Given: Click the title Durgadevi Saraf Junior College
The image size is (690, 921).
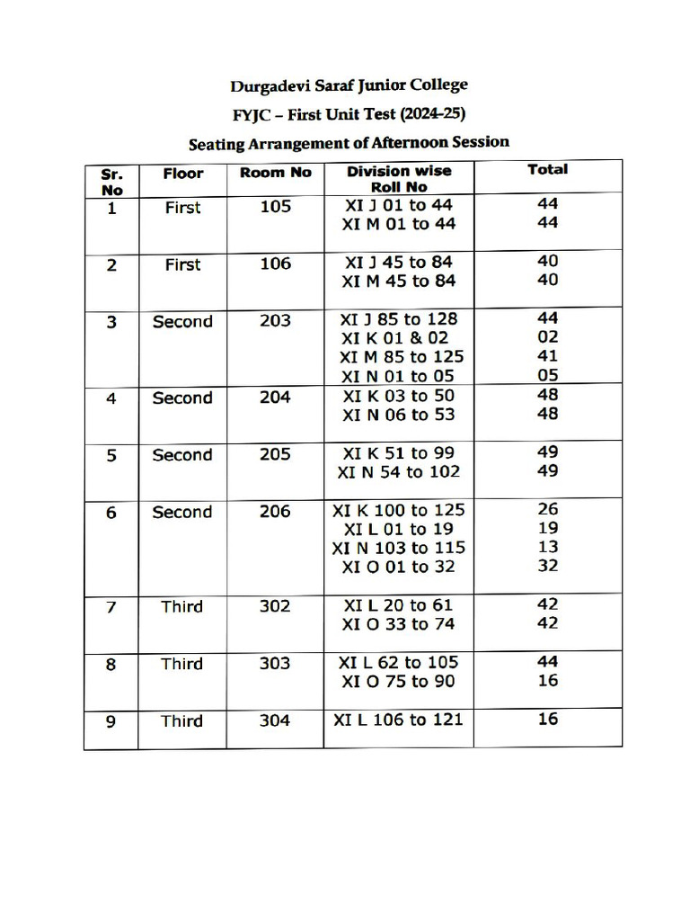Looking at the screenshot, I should tap(349, 86).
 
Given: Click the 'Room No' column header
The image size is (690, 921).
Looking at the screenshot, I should tap(275, 173).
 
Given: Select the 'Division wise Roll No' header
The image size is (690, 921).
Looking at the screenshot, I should tap(399, 179).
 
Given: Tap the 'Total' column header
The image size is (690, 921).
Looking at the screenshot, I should tap(547, 169).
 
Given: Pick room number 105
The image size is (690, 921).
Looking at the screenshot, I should tap(275, 207).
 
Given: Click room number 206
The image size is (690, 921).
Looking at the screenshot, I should tap(275, 512).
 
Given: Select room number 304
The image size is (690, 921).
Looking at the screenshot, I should tap(275, 720).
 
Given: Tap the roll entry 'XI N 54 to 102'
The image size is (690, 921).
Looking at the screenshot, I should tap(398, 472).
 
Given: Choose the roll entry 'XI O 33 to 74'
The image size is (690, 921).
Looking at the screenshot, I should tap(398, 624).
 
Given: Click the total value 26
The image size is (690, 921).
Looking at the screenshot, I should tap(547, 509).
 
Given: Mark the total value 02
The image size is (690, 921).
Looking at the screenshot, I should tap(547, 337).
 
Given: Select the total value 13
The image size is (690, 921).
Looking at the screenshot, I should tap(547, 547).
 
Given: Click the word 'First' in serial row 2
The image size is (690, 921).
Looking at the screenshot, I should tap(182, 264).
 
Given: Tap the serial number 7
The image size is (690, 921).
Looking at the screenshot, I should tap(111, 607).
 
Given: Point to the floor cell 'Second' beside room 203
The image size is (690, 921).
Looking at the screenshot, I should tap(182, 322).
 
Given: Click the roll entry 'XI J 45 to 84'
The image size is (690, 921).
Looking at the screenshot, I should tap(398, 263).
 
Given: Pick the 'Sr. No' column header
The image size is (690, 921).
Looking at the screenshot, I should tap(111, 181).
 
